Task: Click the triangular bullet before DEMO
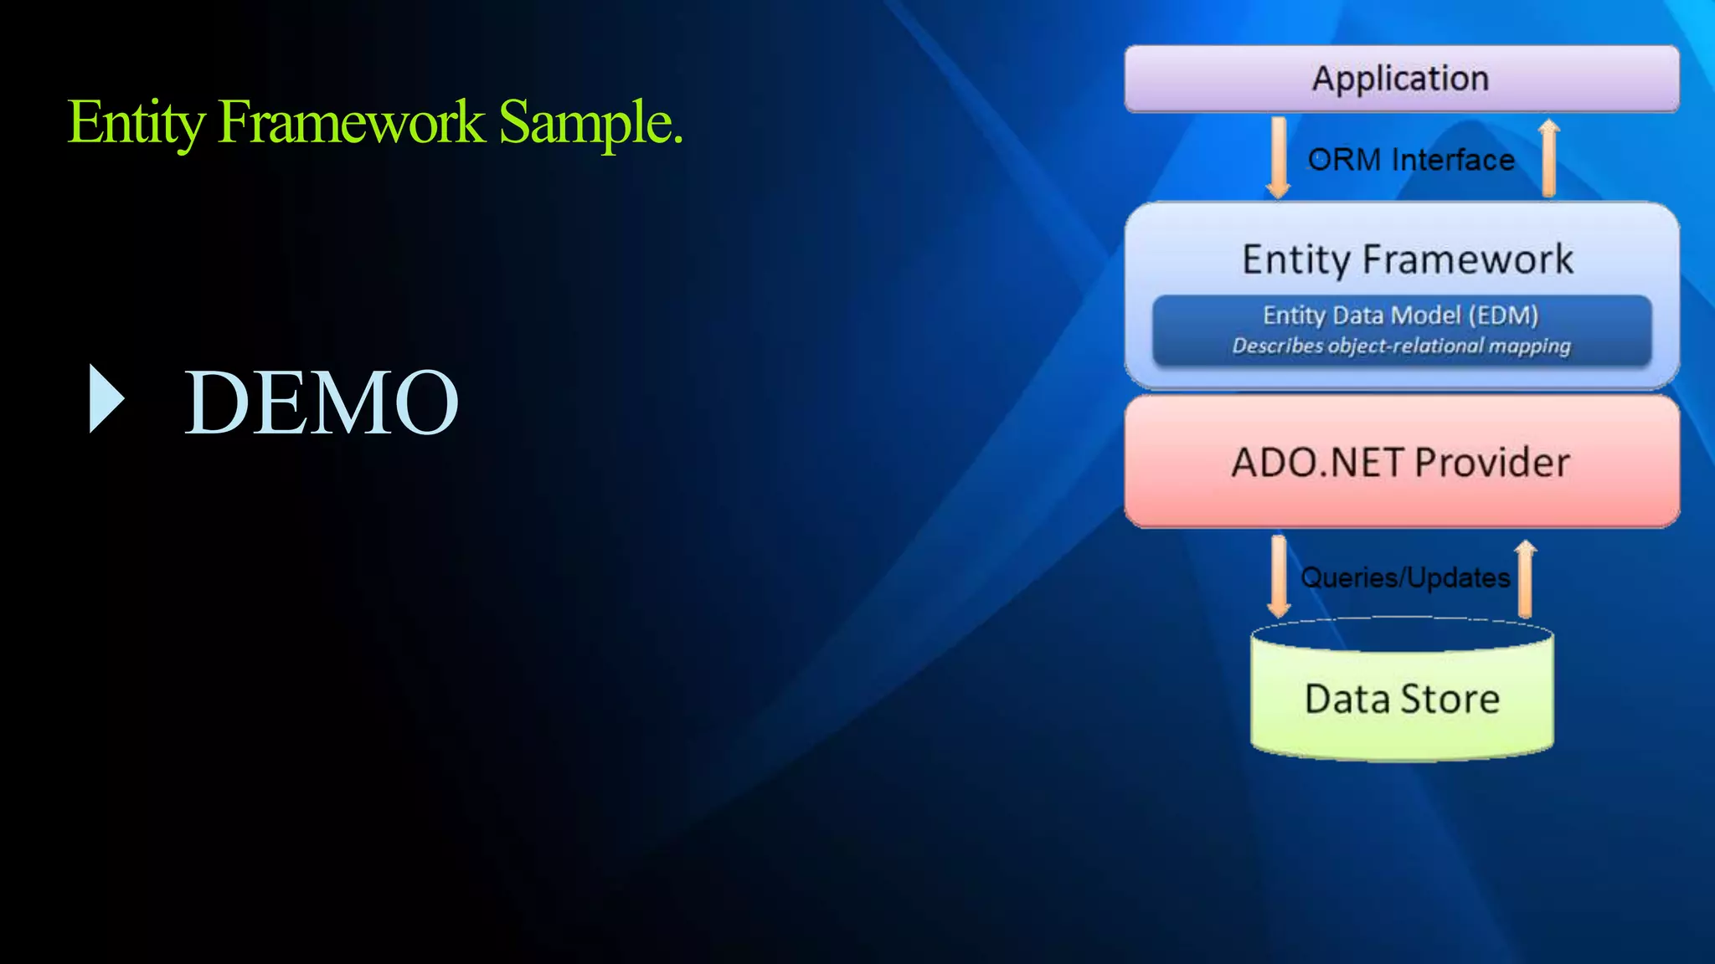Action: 106,399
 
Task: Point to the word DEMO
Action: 321,403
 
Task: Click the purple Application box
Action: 1401,79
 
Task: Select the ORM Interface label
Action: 1411,159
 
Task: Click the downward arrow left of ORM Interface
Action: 1278,158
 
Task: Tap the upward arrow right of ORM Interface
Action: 1548,158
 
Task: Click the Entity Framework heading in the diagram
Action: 1407,259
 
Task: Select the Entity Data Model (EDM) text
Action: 1401,315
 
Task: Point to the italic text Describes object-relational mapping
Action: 1401,346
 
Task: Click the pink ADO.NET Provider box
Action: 1401,462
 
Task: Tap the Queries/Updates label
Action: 1404,577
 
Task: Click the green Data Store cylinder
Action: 1401,699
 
